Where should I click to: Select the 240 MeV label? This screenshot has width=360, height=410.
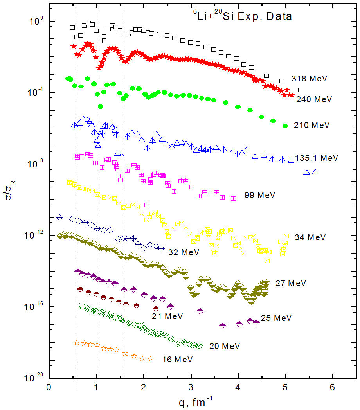tap(314, 99)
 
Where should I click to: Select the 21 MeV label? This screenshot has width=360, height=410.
tap(167, 316)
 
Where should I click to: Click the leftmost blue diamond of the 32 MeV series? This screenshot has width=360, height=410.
tap(59, 217)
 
